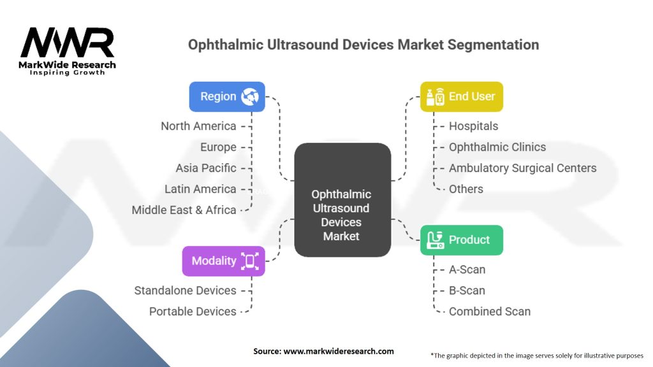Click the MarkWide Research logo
pos(68,49)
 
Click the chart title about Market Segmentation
pos(363,45)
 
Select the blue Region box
pos(227,97)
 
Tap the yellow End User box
pos(461,97)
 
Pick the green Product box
pos(461,240)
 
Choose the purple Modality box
pos(223,261)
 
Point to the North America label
pos(198,126)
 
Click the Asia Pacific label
pos(206,168)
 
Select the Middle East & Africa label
pos(184,210)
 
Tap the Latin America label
pos(200,189)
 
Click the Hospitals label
pos(473,126)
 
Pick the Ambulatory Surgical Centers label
pos(522,168)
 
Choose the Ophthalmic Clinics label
pos(497,147)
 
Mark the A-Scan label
pos(467,270)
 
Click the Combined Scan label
pos(489,312)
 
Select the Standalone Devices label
pos(185,291)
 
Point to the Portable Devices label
pos(193,312)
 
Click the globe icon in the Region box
pos(249,97)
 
